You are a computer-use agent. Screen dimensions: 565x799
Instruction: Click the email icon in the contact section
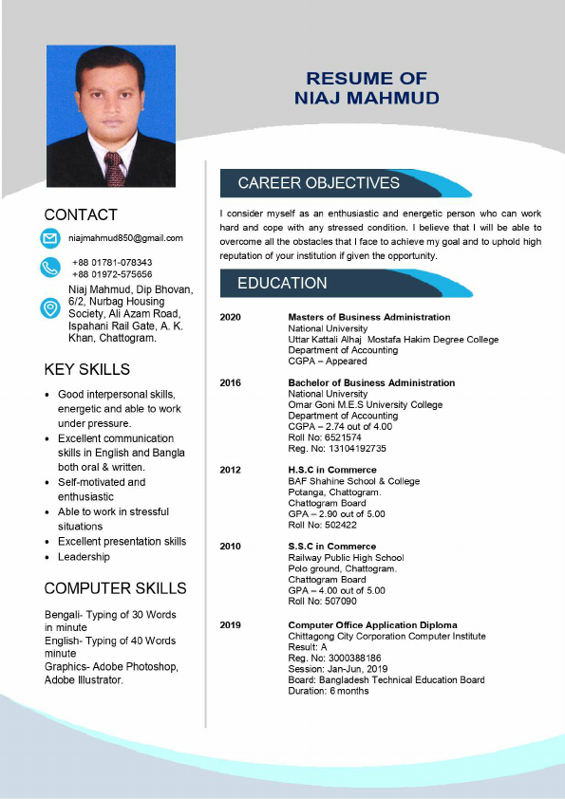[49, 238]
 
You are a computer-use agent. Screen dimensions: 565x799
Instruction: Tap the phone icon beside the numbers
[49, 268]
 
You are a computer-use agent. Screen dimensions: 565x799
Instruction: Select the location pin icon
[49, 308]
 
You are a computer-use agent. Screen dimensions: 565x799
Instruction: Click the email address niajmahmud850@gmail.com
[125, 238]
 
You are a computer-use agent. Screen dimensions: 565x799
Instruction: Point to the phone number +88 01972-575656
[112, 274]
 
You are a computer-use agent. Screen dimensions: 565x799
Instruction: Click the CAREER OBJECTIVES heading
[318, 183]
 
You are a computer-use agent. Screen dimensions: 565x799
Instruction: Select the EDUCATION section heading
[282, 283]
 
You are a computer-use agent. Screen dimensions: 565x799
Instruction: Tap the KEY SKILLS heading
[87, 369]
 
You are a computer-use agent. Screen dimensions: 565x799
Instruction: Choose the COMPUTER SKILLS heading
[115, 588]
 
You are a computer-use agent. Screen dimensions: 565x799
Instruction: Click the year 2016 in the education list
[231, 383]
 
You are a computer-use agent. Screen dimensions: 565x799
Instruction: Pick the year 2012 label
[231, 470]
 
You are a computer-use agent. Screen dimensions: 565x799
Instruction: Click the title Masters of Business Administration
[368, 317]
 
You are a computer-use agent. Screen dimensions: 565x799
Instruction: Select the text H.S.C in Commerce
[332, 470]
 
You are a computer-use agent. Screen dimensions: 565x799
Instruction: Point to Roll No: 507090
[323, 602]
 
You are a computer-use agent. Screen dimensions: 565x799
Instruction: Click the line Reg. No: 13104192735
[337, 449]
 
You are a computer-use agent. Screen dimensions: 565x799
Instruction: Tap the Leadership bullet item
[84, 557]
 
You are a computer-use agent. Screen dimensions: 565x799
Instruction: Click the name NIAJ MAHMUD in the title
[367, 99]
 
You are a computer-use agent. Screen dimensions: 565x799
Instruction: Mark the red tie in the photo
[114, 169]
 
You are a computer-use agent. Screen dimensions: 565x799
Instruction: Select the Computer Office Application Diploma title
[372, 625]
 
